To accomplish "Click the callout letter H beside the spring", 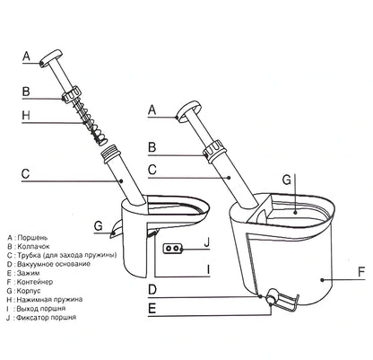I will click(27, 116).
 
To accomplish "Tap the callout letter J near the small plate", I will click(205, 241).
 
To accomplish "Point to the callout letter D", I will click(152, 289).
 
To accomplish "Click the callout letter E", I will click(152, 309).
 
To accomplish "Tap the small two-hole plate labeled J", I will click(174, 246).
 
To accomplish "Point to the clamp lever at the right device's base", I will click(281, 300).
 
